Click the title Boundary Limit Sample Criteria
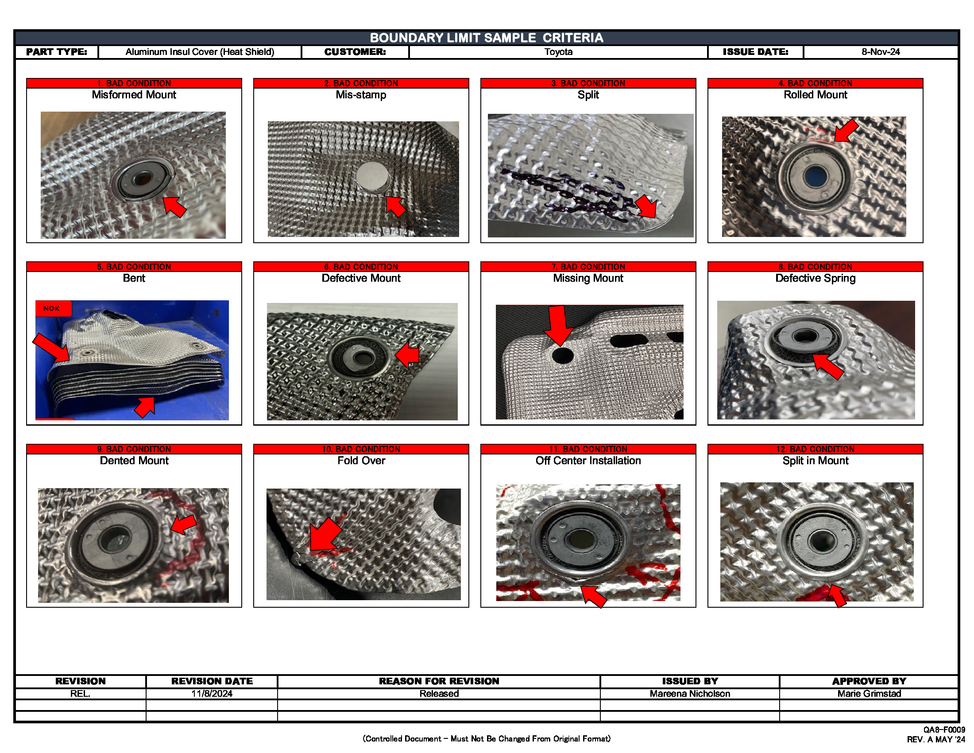point(486,38)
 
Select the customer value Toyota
point(558,52)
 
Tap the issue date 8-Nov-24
point(880,52)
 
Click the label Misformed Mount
point(134,95)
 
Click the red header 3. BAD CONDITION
point(588,83)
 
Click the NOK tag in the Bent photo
point(52,308)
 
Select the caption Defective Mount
point(361,278)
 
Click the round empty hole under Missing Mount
point(562,356)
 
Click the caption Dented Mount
point(134,460)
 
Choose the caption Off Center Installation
point(588,460)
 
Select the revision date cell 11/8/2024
point(212,693)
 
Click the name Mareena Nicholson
point(689,693)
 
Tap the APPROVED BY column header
point(869,681)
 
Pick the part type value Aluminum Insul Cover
point(199,52)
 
